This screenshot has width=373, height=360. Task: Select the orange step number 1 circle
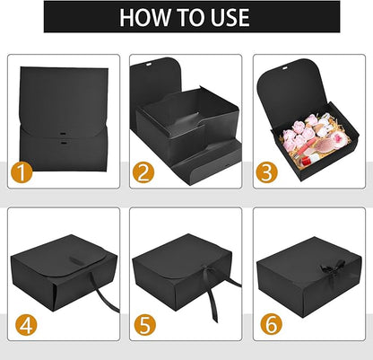[x=22, y=172]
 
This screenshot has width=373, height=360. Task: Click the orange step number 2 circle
[x=143, y=172]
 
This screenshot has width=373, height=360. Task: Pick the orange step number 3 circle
[x=267, y=172]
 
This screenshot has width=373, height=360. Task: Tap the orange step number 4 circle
[x=26, y=325]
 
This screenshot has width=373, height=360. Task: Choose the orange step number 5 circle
[x=145, y=325]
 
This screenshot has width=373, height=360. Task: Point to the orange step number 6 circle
[x=271, y=325]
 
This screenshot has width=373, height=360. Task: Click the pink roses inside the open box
[x=298, y=133]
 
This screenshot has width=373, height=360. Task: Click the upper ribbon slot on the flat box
[x=63, y=133]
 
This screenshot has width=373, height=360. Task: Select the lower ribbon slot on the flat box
[x=63, y=143]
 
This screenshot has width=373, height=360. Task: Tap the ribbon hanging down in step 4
[x=105, y=293]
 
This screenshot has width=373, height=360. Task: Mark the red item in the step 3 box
[x=307, y=161]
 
